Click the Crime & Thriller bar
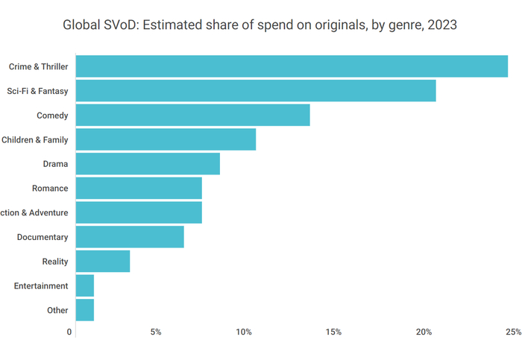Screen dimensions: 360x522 coord(291,66)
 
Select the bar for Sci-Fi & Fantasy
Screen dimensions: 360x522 coord(255,91)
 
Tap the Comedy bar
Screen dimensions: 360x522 coord(192,116)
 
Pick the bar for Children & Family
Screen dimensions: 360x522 coord(166,139)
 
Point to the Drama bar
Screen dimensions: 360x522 coord(148,164)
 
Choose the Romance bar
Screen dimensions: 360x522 coord(139,189)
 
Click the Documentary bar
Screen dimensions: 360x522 coord(130,237)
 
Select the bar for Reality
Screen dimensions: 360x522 coord(103,262)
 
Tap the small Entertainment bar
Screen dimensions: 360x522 coord(85,285)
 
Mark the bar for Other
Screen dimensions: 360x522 coord(85,310)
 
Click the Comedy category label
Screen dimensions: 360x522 coord(52,116)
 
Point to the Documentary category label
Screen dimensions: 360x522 coord(43,237)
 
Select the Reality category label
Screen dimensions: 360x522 coord(55,262)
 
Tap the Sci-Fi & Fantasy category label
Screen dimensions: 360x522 coord(37,91)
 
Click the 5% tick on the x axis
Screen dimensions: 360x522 coord(156,332)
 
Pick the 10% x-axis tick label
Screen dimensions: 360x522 coord(244,332)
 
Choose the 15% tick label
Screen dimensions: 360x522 coord(333,332)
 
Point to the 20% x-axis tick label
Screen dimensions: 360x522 coord(424,332)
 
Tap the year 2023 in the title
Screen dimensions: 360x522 coord(441,25)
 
